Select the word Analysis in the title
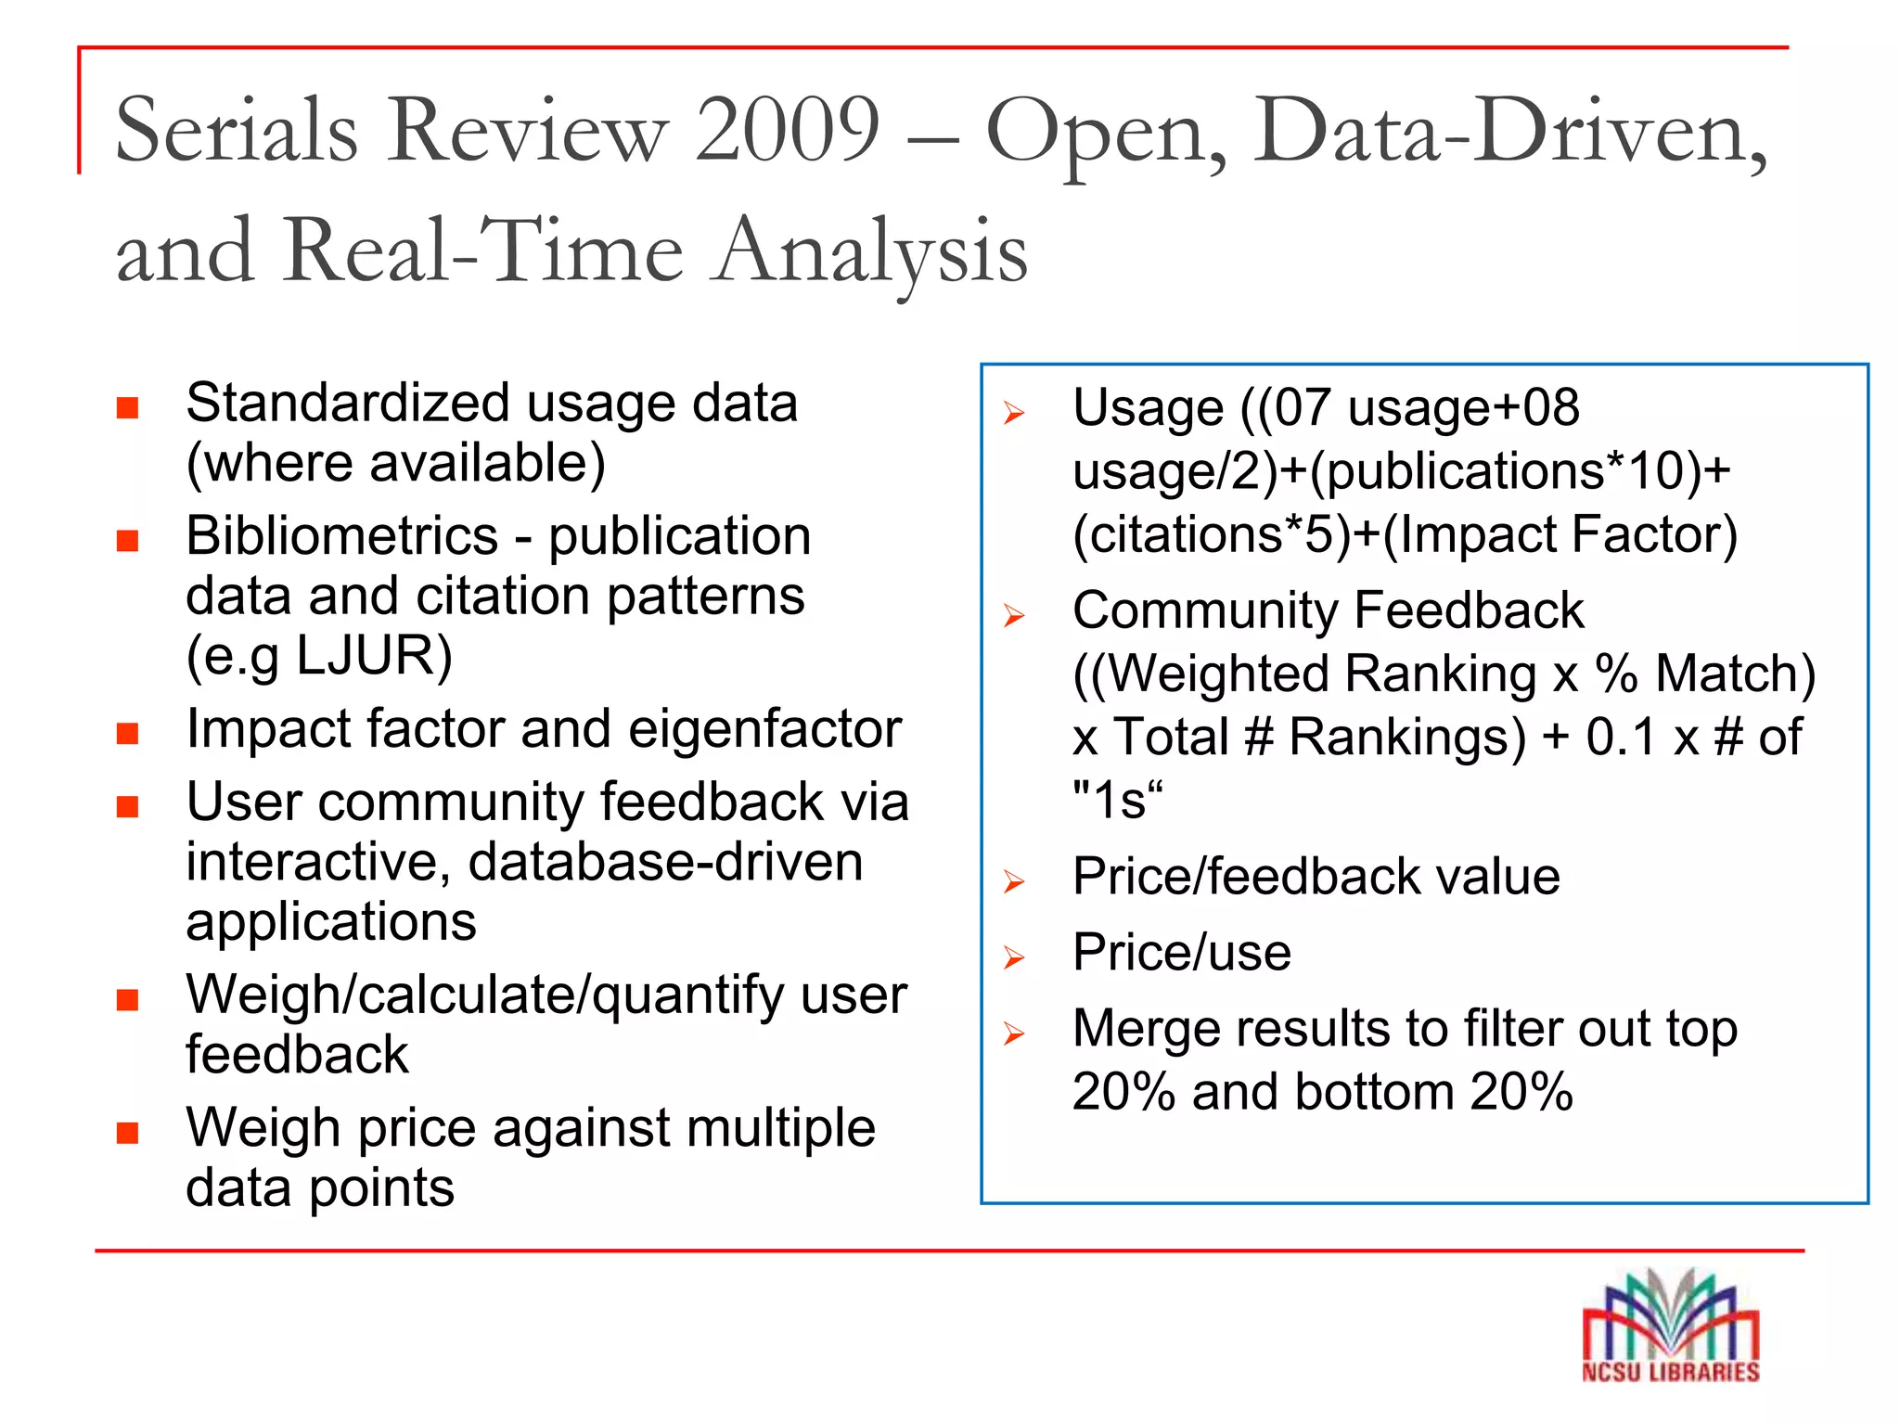(x=872, y=250)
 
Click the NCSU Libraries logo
(x=1670, y=1327)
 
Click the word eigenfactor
(x=764, y=729)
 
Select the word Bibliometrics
(x=342, y=536)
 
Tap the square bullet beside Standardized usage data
(x=127, y=408)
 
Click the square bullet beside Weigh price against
(x=127, y=1133)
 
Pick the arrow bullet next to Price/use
(x=1014, y=957)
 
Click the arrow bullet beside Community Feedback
(x=1014, y=615)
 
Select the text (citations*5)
(x=1212, y=535)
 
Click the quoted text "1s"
(x=1117, y=800)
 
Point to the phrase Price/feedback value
(x=1316, y=877)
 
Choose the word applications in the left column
(x=331, y=922)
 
